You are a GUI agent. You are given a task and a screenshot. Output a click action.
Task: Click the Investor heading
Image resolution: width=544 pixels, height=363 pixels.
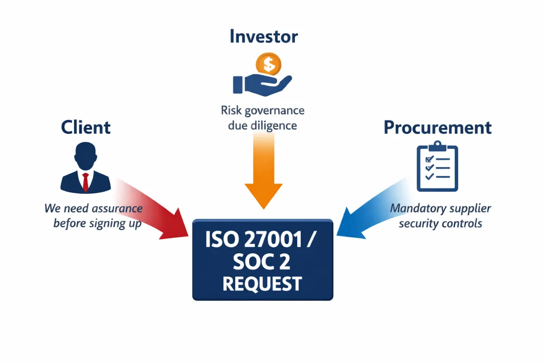coord(263,36)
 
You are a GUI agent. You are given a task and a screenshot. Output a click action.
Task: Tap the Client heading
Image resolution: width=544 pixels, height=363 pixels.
coord(86,128)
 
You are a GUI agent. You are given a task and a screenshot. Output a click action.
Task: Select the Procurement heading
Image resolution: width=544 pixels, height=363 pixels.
coord(437,128)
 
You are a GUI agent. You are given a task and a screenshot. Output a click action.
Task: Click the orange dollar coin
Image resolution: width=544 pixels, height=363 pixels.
coord(268,65)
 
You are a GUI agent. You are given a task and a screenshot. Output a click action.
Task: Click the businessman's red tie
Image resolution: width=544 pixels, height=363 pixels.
coord(85,181)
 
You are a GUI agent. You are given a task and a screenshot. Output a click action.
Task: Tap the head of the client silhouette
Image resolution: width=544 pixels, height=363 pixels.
coord(85,154)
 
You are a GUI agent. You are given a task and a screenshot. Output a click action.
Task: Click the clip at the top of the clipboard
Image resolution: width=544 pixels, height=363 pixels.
coord(437,147)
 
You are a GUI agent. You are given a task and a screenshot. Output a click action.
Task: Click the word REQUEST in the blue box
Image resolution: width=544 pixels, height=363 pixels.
coord(262,284)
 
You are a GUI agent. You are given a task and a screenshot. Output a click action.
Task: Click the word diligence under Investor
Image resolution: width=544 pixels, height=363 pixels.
coord(274,125)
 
